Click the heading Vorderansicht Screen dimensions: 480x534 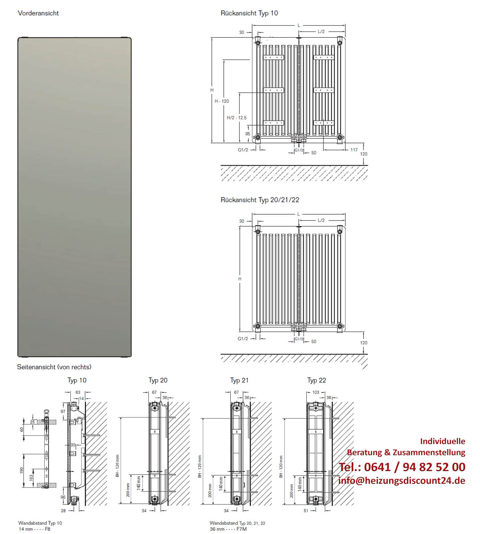point(38,13)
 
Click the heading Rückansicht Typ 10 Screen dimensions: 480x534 point(249,13)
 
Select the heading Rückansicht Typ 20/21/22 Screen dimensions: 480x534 point(260,200)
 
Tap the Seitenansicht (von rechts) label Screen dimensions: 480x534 point(54,367)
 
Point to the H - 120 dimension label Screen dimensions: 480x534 point(222,101)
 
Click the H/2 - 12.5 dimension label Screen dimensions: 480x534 point(237,118)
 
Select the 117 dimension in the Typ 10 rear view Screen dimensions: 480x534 point(354,150)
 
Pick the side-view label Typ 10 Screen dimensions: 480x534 point(77,380)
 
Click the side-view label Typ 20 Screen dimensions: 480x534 point(158,380)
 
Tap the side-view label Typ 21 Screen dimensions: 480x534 point(239,380)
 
